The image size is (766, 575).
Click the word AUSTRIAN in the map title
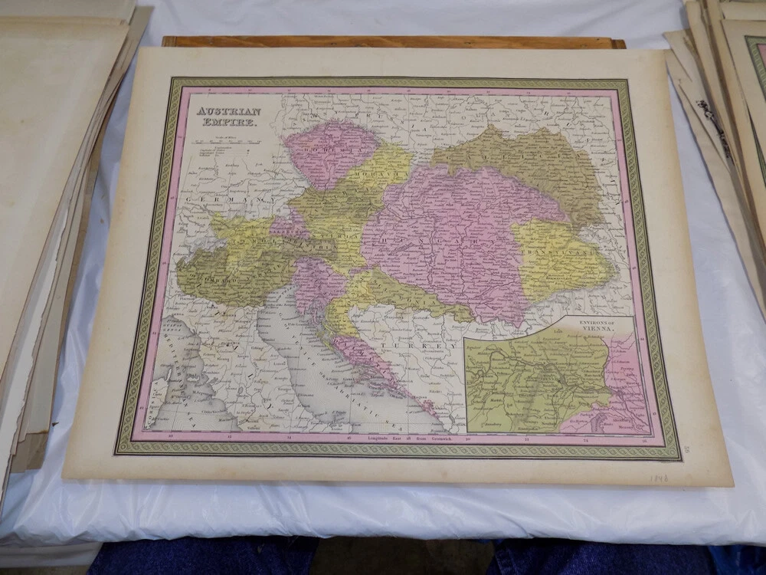[218, 111]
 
